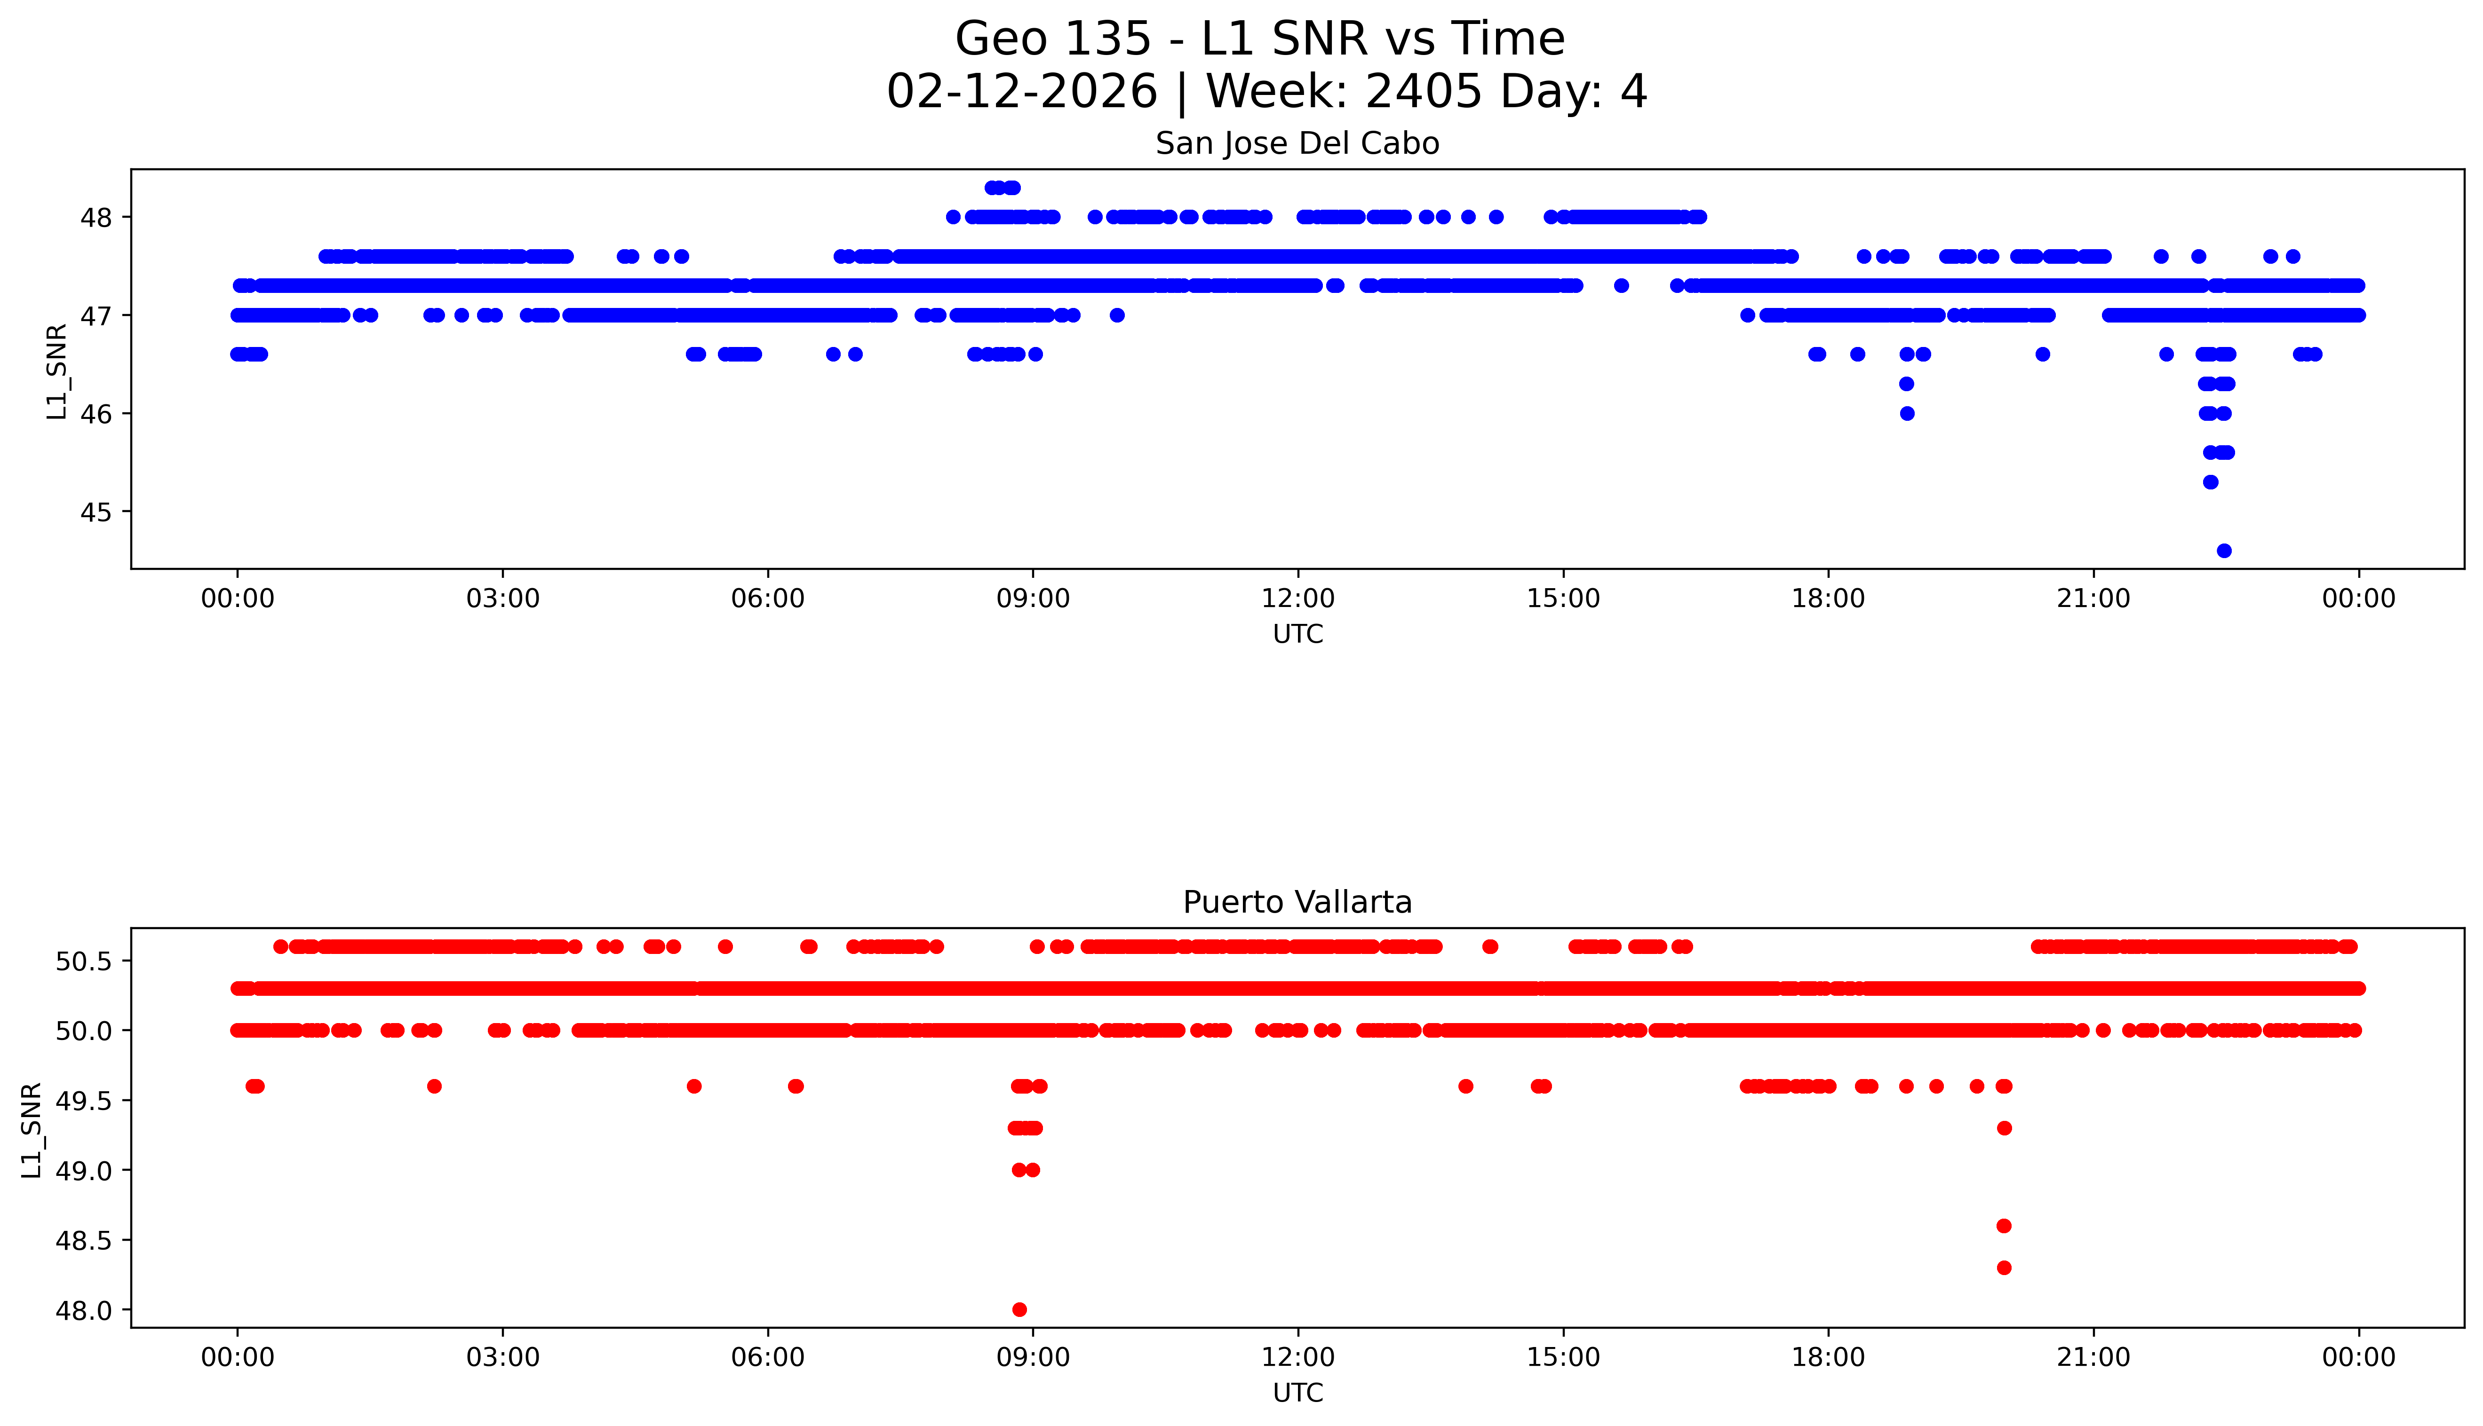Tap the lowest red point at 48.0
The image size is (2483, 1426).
pos(1019,1309)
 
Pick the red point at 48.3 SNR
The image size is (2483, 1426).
pos(2004,1268)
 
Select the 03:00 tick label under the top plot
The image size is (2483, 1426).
pos(503,599)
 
